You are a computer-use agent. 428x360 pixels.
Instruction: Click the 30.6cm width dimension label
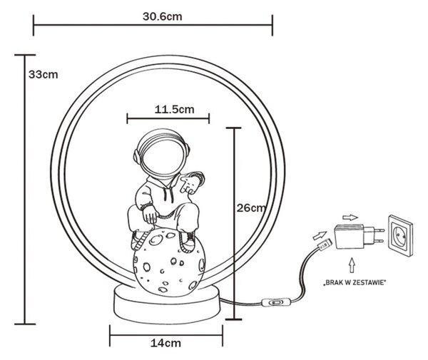point(162,16)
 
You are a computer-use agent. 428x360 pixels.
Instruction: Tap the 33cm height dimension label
point(43,74)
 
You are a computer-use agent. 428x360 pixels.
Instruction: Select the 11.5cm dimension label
point(175,110)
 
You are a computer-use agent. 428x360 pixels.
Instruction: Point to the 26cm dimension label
point(251,208)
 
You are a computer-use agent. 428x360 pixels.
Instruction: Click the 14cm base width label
point(165,343)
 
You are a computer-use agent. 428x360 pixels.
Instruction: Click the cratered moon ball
point(169,262)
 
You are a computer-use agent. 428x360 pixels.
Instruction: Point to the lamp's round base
point(166,304)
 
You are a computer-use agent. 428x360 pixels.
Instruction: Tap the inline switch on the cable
point(275,302)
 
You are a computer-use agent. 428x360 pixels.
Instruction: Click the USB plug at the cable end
point(325,245)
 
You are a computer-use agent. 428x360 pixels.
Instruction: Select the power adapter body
point(350,236)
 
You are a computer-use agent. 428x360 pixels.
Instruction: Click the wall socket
point(401,236)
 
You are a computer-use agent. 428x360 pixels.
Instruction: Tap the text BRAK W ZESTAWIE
point(355,282)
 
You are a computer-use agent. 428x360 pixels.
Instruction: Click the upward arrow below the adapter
point(352,265)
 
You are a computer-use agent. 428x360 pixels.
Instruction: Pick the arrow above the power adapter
point(350,217)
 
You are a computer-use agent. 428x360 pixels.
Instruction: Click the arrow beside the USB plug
point(320,235)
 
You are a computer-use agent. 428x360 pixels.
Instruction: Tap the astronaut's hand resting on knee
point(150,215)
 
